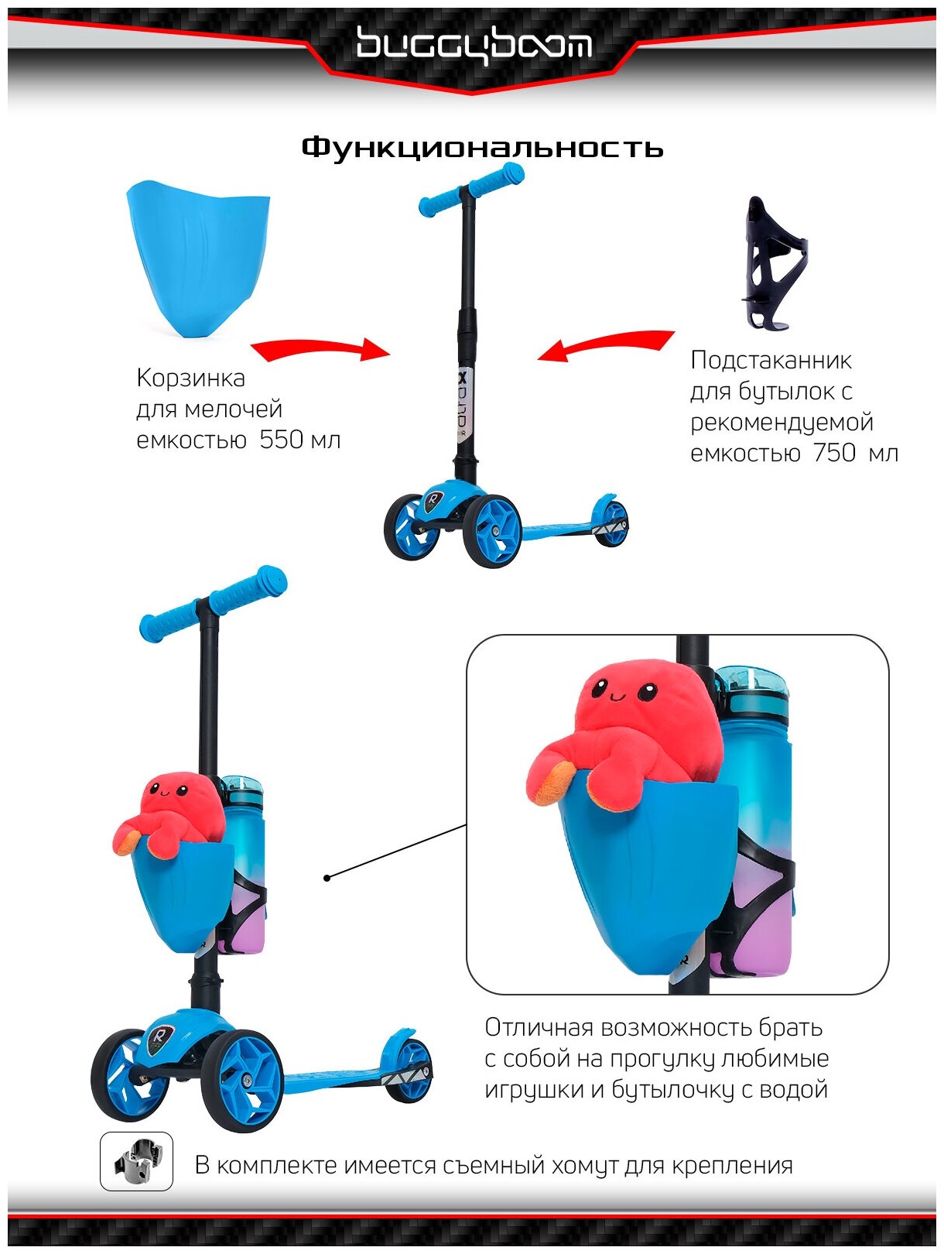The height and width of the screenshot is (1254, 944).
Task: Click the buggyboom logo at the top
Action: (474, 45)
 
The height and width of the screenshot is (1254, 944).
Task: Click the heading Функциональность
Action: (482, 147)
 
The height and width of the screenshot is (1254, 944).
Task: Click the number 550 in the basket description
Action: (281, 440)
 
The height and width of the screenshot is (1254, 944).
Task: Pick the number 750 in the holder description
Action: (834, 453)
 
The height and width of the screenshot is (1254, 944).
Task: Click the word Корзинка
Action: (190, 378)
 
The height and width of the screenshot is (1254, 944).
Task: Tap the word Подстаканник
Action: (771, 360)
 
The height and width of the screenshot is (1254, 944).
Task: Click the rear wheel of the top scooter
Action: (611, 524)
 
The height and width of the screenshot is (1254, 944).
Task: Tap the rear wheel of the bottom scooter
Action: (409, 1070)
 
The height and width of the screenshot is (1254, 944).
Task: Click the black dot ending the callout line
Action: (327, 878)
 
